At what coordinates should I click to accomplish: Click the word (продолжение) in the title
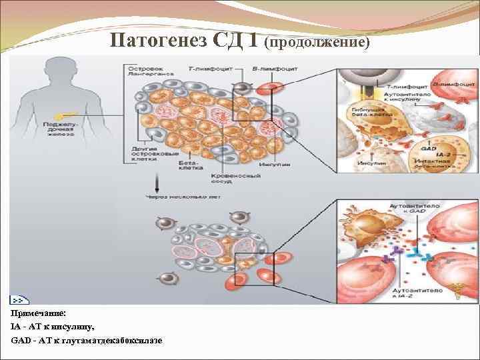click(317, 42)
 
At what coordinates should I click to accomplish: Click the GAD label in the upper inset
click(427, 145)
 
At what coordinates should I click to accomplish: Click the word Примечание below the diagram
click(38, 313)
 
